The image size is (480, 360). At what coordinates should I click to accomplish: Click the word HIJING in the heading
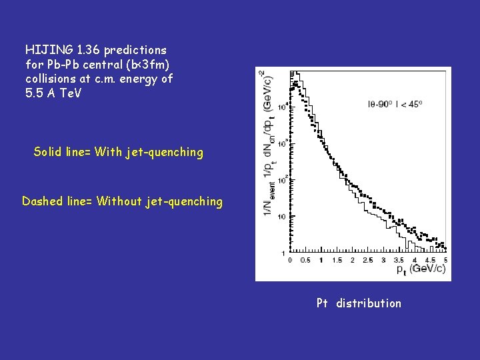click(x=46, y=50)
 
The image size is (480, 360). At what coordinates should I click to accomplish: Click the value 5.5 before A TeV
click(x=33, y=93)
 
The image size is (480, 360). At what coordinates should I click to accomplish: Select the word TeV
click(x=69, y=93)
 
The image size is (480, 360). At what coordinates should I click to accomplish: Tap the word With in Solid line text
click(x=109, y=152)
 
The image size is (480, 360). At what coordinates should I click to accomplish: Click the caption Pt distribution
click(x=359, y=303)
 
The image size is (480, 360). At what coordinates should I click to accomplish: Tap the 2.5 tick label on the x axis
click(x=367, y=260)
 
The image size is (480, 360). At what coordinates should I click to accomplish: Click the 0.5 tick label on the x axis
click(x=305, y=260)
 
